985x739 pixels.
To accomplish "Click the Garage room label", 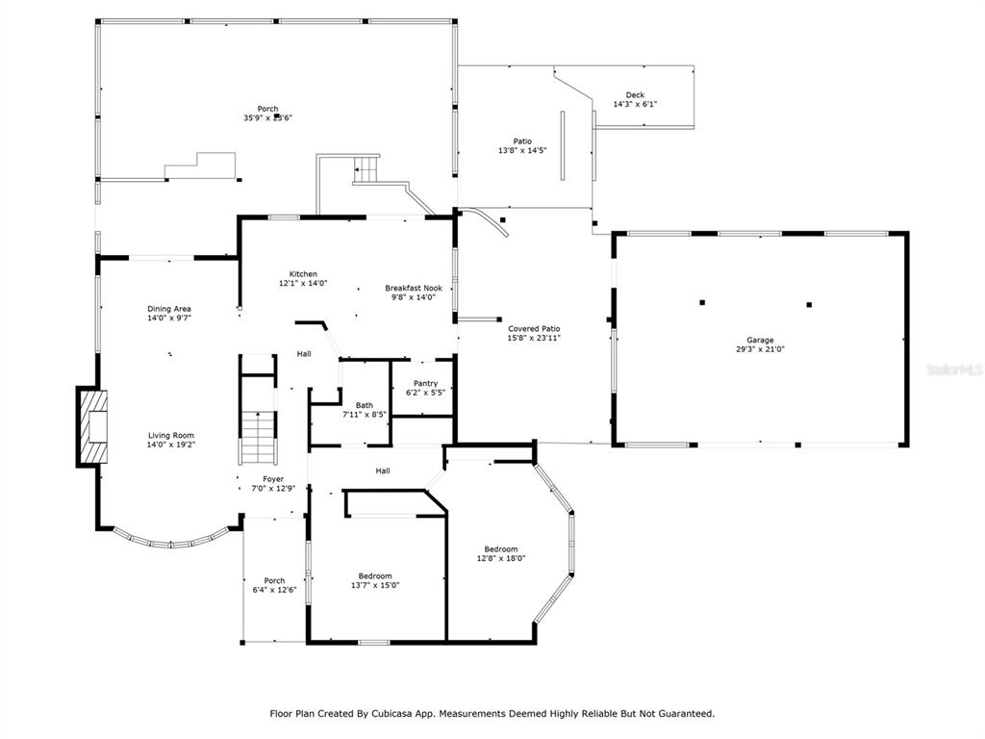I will (760, 340).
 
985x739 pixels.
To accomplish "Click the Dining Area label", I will (169, 309).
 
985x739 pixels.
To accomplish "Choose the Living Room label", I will (171, 435).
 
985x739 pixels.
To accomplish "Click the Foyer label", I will (274, 478).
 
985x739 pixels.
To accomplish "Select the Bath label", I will (364, 405).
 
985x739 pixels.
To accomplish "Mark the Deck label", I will (635, 95).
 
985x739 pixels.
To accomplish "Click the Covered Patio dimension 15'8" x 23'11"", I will (534, 339).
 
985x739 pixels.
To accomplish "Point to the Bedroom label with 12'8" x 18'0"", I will (501, 549).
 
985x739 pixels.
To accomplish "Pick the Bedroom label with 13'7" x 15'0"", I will (375, 575).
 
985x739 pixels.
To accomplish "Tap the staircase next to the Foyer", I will (257, 437).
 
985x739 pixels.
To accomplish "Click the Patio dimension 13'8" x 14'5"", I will (522, 151).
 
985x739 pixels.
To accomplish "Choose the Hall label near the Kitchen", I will (304, 354).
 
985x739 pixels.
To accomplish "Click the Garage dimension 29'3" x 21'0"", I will (760, 349).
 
